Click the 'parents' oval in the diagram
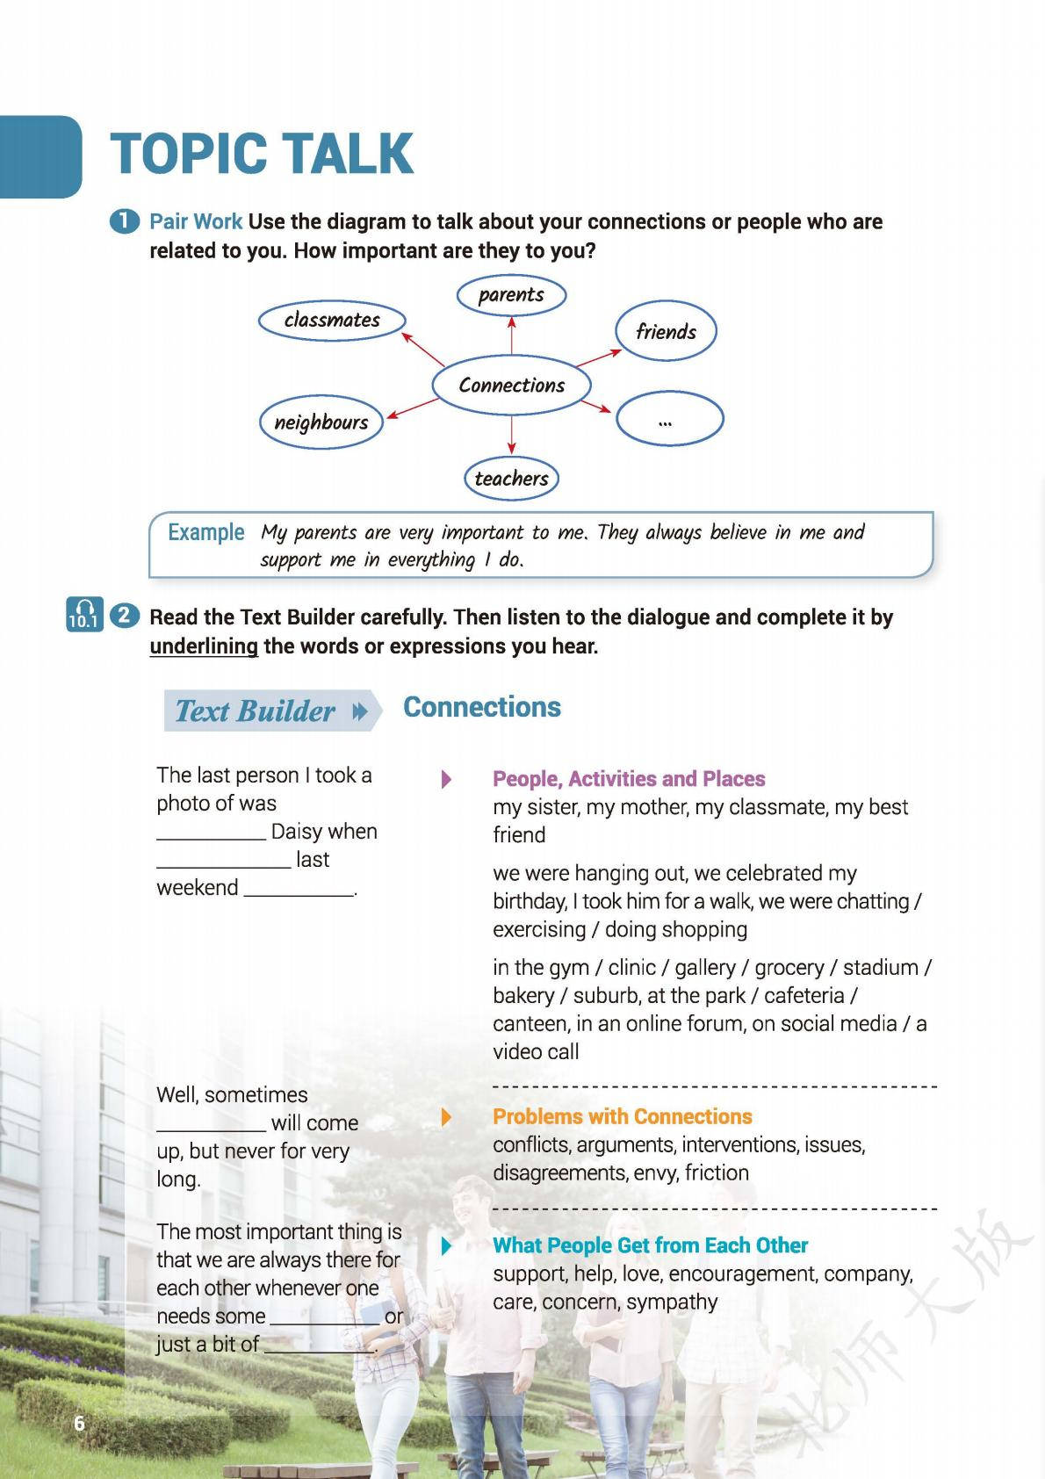[x=511, y=295]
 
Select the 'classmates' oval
[x=332, y=321]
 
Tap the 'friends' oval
[x=666, y=332]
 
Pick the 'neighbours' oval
[x=321, y=422]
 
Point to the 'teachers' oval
[x=511, y=479]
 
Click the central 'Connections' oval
[x=511, y=386]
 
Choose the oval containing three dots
[x=669, y=420]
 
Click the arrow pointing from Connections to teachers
[x=511, y=435]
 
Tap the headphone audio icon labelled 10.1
[x=84, y=614]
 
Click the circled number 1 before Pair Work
[x=124, y=221]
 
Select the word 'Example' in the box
[x=206, y=532]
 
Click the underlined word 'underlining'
[x=204, y=647]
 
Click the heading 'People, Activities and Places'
[x=629, y=779]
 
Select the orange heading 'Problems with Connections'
[x=622, y=1116]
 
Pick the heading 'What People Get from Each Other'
[x=650, y=1245]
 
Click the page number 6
[x=79, y=1424]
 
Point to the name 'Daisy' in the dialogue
[x=297, y=832]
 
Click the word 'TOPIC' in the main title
[x=189, y=155]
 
